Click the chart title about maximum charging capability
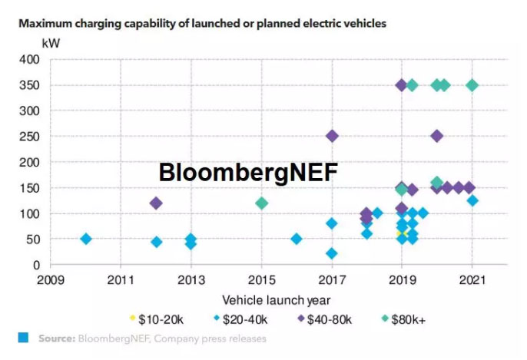(202, 24)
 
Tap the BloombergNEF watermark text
(248, 173)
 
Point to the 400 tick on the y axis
(28, 59)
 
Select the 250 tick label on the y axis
(28, 137)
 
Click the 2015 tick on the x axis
(261, 279)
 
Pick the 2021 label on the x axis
(472, 279)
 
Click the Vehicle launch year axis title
(277, 300)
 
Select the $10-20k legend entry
(157, 316)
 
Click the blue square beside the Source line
(23, 338)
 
